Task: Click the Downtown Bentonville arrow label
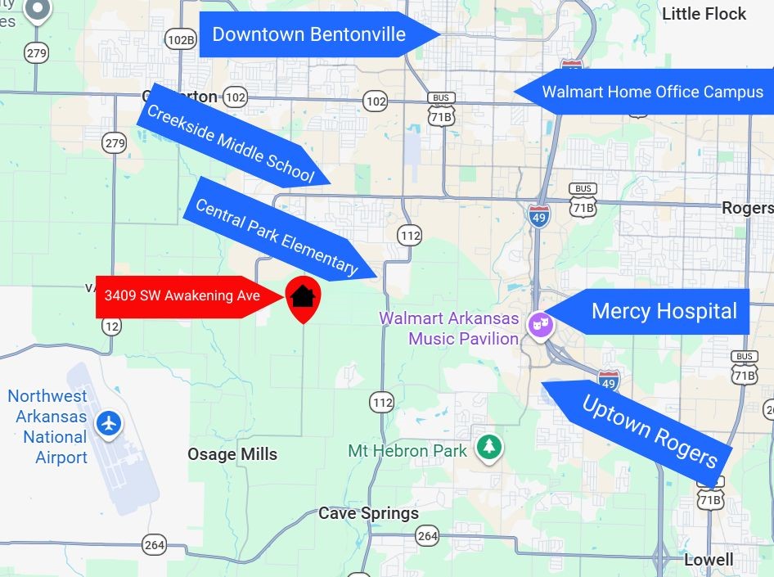[309, 34]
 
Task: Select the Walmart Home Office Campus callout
[652, 92]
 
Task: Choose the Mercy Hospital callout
[664, 311]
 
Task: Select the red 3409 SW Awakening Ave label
[182, 295]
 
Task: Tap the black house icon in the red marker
[303, 295]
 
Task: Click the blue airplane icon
[108, 424]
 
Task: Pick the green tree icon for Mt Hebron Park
[489, 447]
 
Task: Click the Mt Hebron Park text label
[407, 450]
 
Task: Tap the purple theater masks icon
[540, 325]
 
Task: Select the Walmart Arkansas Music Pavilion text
[448, 327]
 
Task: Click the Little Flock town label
[704, 14]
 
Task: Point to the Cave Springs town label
[368, 514]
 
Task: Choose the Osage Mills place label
[232, 454]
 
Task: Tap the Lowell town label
[709, 560]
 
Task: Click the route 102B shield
[181, 38]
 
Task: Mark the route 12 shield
[111, 326]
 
